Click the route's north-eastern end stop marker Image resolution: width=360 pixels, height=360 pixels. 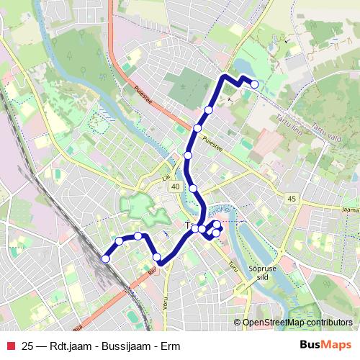[254, 84]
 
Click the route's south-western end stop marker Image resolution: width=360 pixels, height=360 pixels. [105, 258]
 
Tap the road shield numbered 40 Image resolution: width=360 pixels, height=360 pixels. [175, 186]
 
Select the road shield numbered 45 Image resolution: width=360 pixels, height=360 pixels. [291, 199]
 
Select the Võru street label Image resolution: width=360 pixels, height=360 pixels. [165, 303]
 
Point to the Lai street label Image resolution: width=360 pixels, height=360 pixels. [165, 175]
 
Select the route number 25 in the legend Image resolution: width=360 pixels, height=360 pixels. [28, 346]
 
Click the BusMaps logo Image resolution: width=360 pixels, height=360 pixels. [325, 346]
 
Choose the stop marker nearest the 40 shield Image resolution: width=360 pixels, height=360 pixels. [193, 188]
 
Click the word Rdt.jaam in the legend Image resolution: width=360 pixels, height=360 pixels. [73, 346]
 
